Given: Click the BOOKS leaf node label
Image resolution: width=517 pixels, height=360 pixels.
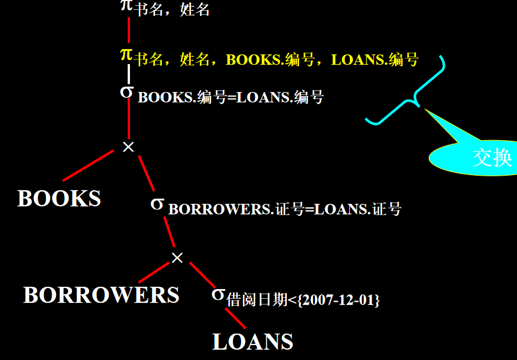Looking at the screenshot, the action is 59,199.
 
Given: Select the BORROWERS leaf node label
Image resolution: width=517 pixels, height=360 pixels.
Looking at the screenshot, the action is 101,295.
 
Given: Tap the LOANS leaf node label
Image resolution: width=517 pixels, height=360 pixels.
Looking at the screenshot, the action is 252,342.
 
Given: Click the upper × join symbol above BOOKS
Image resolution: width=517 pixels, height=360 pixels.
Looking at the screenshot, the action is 128,147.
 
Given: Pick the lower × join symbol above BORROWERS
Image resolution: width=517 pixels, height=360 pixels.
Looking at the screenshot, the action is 177,258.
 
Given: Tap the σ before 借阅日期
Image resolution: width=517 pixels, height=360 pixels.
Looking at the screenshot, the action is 218,294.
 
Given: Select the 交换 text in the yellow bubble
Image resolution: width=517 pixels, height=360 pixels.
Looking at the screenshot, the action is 491,157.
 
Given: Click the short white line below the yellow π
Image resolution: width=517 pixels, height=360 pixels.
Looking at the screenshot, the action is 129,73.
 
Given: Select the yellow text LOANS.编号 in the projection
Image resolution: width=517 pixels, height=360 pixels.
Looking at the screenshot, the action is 375,60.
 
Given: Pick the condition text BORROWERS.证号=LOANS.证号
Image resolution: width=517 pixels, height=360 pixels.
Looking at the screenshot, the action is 285,209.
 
